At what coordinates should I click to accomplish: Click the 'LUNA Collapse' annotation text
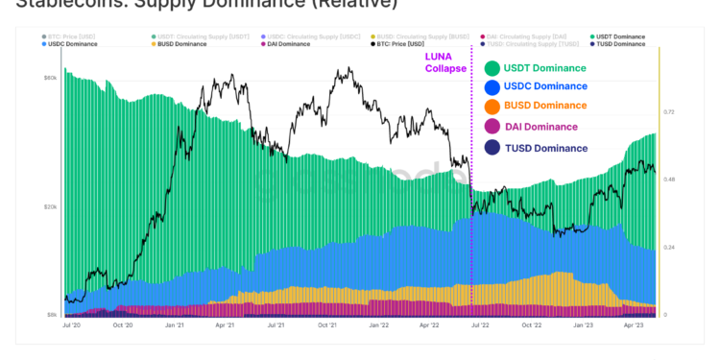click(x=446, y=62)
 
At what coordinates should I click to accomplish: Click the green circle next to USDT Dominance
click(x=492, y=67)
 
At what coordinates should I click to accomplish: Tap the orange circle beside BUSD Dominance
click(x=492, y=107)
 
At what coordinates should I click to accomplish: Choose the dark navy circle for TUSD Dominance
click(x=492, y=148)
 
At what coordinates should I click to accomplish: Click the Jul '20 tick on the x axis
click(x=70, y=325)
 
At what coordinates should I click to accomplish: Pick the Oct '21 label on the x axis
click(x=328, y=325)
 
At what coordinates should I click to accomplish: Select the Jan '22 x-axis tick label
click(x=380, y=325)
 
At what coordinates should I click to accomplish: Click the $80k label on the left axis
click(x=51, y=78)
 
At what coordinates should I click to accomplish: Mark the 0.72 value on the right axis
click(x=670, y=112)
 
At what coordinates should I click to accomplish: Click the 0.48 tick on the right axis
click(x=670, y=180)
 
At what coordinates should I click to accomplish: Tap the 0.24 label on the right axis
click(x=670, y=248)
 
